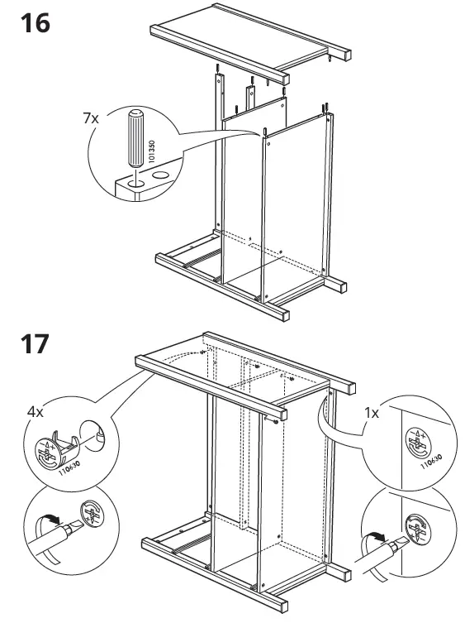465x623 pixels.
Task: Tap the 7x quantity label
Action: (91, 118)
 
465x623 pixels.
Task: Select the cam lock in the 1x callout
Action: (418, 444)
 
